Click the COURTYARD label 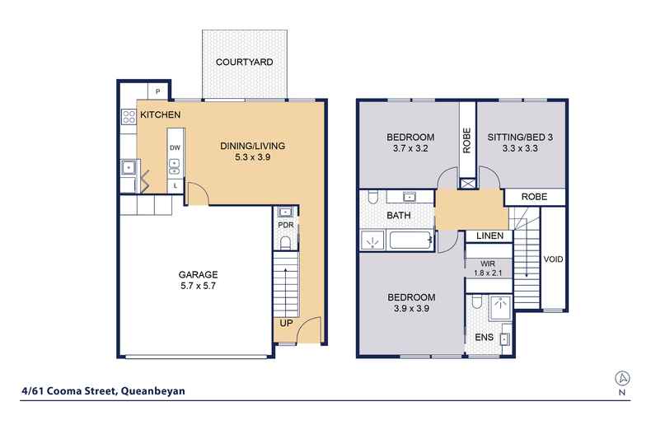[244, 63]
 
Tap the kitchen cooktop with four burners [129, 116]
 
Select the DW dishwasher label [175, 147]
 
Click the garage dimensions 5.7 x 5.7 [198, 286]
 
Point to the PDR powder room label [286, 225]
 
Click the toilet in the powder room [285, 243]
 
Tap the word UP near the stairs [286, 323]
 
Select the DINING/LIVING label [252, 146]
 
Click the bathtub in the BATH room [411, 240]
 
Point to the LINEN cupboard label [490, 236]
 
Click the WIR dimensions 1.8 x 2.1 [488, 273]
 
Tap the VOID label [554, 259]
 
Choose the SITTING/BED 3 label [520, 138]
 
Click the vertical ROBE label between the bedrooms [467, 140]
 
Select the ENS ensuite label [484, 338]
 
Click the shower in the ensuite [500, 307]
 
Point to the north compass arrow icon [622, 378]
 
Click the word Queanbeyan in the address [152, 391]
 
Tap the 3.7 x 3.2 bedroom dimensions [410, 148]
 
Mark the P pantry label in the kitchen [157, 91]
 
